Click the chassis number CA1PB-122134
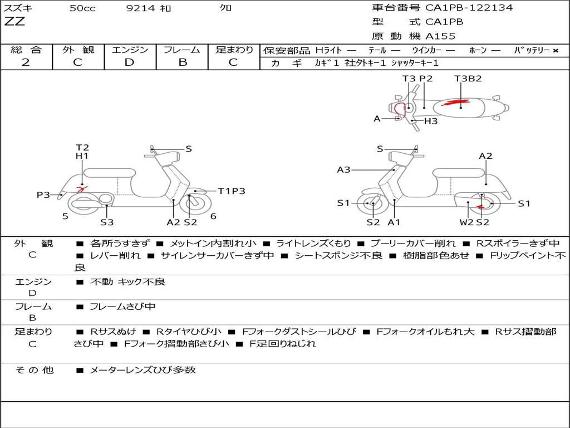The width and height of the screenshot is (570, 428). click(469, 8)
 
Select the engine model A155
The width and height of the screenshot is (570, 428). click(440, 36)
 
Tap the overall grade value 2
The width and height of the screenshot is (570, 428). click(26, 62)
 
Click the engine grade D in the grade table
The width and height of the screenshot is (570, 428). click(129, 62)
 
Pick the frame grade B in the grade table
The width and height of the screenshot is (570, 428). click(182, 62)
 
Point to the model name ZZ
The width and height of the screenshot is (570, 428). click(14, 22)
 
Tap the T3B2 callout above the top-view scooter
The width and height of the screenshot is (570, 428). click(468, 79)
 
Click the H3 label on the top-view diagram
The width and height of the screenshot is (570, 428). click(431, 121)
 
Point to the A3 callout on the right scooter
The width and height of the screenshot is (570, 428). click(343, 169)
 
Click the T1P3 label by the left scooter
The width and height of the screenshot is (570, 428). click(231, 191)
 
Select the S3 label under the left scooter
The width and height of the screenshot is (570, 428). click(107, 222)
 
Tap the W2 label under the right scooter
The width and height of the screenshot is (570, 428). click(466, 222)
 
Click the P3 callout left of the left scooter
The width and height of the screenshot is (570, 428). click(43, 194)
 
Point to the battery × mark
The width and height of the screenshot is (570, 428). click(555, 50)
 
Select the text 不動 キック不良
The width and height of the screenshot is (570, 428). click(127, 282)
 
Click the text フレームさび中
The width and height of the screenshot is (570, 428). click(122, 307)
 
